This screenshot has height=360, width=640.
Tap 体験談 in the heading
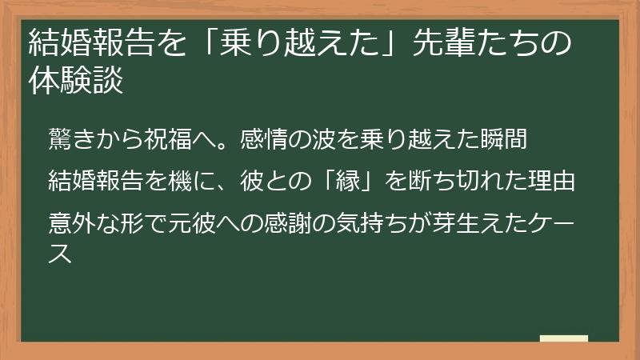pos(75,82)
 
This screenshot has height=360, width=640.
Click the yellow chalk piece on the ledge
pos(563,338)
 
